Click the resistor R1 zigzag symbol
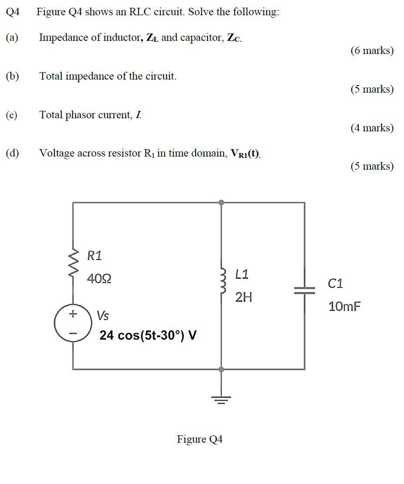(x=73, y=262)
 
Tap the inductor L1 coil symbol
(x=223, y=282)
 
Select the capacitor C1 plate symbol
(x=304, y=290)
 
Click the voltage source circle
(x=73, y=324)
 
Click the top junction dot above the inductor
(x=221, y=202)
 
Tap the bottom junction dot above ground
(x=221, y=369)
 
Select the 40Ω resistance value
(x=99, y=278)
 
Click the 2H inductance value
(x=244, y=297)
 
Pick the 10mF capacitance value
(x=344, y=307)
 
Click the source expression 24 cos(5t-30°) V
(x=148, y=335)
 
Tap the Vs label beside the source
(x=103, y=315)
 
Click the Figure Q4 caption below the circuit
(x=200, y=439)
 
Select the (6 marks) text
(x=372, y=51)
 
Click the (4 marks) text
(x=372, y=128)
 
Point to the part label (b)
(x=12, y=76)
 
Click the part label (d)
(x=12, y=153)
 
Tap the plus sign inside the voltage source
(x=73, y=313)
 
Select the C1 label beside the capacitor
(x=335, y=284)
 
